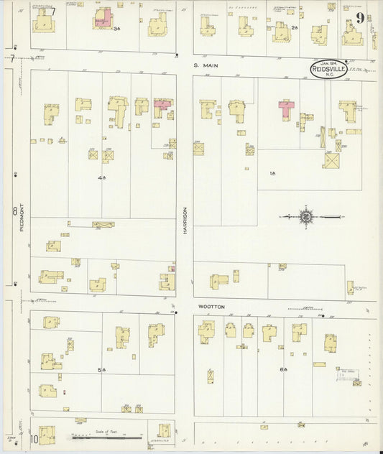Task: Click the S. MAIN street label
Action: point(206,65)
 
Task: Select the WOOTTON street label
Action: point(211,307)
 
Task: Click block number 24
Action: point(295,28)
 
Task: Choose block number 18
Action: point(272,173)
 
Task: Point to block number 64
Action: point(284,369)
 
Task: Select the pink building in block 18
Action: point(287,108)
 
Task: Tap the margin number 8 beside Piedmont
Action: point(14,211)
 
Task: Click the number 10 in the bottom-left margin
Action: point(33,438)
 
